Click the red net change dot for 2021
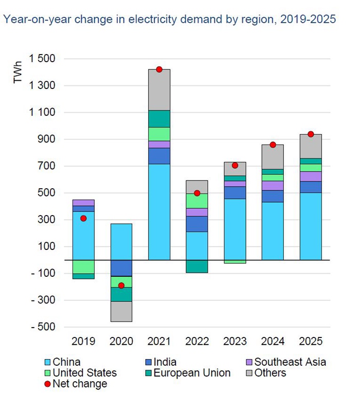point(159,69)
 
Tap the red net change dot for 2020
point(121,285)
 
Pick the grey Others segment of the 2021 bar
point(159,90)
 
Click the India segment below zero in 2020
point(121,268)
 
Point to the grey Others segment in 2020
point(121,311)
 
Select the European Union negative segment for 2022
point(197,266)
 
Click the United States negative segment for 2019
point(83,266)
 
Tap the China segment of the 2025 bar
point(311,226)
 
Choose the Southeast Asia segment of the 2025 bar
point(311,176)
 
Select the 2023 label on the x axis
point(235,342)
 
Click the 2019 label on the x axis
point(83,342)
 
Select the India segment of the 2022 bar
point(197,224)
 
